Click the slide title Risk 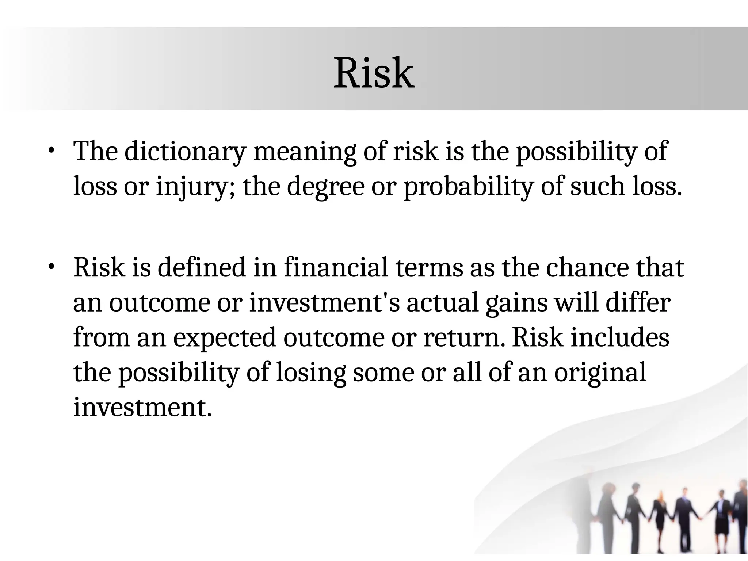pos(374,73)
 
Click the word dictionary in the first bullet pos(185,151)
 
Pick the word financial pos(336,267)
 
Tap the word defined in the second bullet pos(202,267)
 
